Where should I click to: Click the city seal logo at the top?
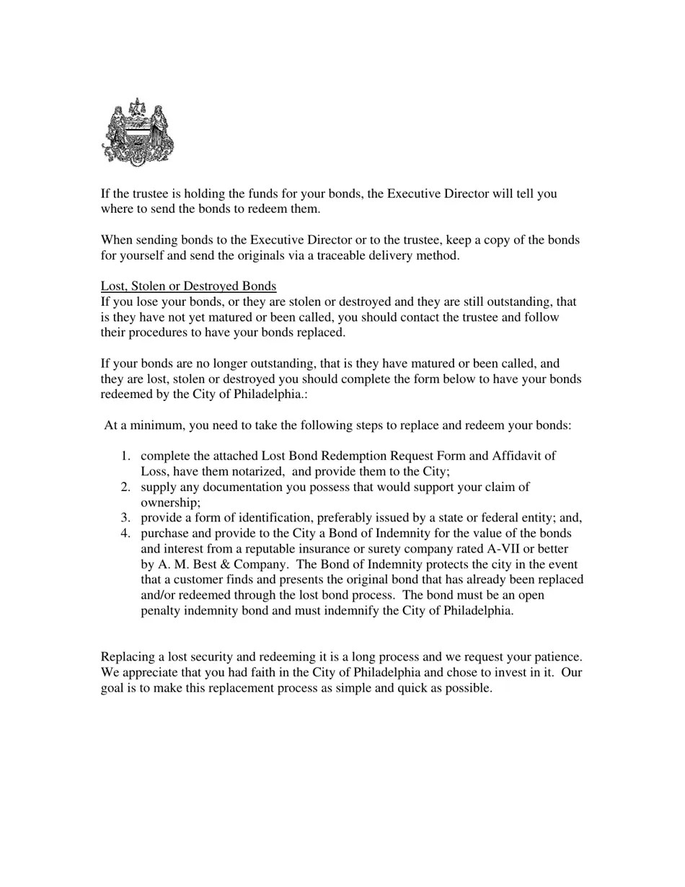(x=138, y=132)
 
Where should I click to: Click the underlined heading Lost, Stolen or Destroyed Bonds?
(x=188, y=286)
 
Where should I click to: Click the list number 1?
(x=125, y=456)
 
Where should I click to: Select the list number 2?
(x=125, y=487)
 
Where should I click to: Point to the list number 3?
(x=125, y=518)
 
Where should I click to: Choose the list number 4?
(x=125, y=534)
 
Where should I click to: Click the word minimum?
(x=154, y=425)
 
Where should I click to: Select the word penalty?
(x=163, y=611)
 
